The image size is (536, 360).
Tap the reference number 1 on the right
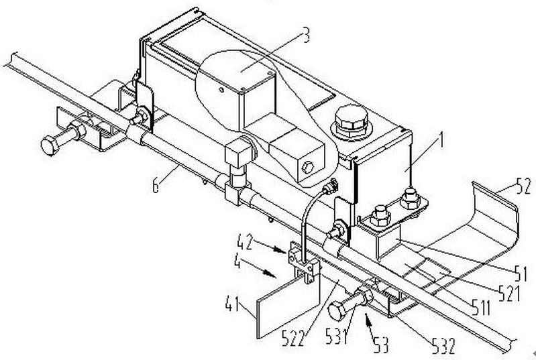(x=441, y=140)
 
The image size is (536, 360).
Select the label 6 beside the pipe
(x=156, y=186)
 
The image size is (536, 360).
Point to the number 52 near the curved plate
(x=523, y=187)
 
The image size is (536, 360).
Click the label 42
(x=246, y=242)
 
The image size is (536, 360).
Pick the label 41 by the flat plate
(x=233, y=304)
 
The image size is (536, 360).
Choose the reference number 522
(x=293, y=338)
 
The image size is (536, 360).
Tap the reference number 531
(x=336, y=336)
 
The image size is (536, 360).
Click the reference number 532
(x=443, y=347)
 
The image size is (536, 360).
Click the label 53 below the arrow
(x=380, y=345)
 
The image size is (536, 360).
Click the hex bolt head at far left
(x=50, y=145)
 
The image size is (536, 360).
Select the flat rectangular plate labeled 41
(x=288, y=306)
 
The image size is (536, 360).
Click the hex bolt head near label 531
(x=337, y=311)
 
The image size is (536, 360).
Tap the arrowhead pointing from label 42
(x=283, y=251)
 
